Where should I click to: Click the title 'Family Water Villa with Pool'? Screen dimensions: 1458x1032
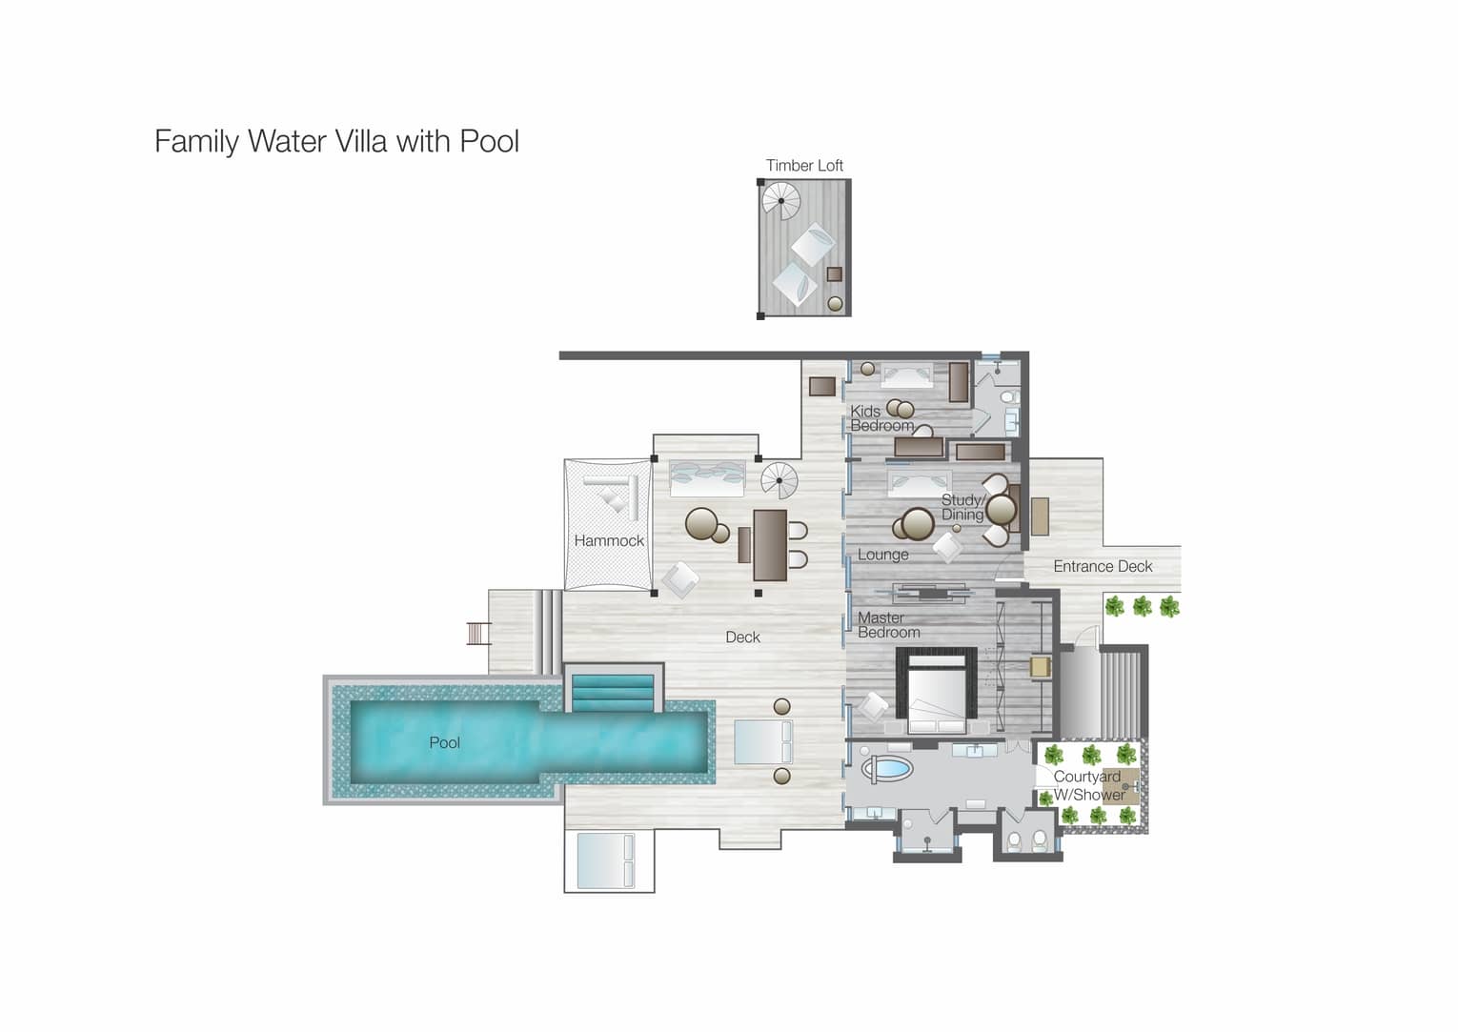click(336, 141)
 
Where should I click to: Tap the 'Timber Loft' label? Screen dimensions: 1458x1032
click(804, 165)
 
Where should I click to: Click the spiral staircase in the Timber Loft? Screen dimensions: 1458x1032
click(781, 201)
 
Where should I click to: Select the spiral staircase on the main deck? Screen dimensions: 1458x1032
click(780, 481)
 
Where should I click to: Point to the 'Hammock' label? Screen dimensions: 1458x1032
click(609, 540)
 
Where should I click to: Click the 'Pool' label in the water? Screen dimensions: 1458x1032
click(445, 742)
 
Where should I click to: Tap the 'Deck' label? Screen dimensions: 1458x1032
click(742, 637)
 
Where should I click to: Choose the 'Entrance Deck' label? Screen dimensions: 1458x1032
click(1103, 567)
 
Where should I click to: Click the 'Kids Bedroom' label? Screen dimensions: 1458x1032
click(881, 418)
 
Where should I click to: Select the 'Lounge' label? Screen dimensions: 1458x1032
click(882, 555)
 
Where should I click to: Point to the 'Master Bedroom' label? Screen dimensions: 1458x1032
click(888, 625)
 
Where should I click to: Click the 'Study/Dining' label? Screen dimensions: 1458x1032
click(963, 507)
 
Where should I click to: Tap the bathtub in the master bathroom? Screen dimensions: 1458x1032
click(886, 768)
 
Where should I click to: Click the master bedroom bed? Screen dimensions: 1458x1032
click(937, 693)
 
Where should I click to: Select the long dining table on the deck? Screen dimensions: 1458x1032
click(770, 545)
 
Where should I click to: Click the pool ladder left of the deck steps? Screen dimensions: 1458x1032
click(478, 633)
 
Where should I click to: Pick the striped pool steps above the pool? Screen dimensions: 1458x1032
click(613, 693)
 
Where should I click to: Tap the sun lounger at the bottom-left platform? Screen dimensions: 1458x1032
click(605, 860)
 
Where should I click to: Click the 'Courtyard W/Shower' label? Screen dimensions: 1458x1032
click(1089, 785)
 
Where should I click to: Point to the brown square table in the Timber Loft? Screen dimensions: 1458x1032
click(835, 273)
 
